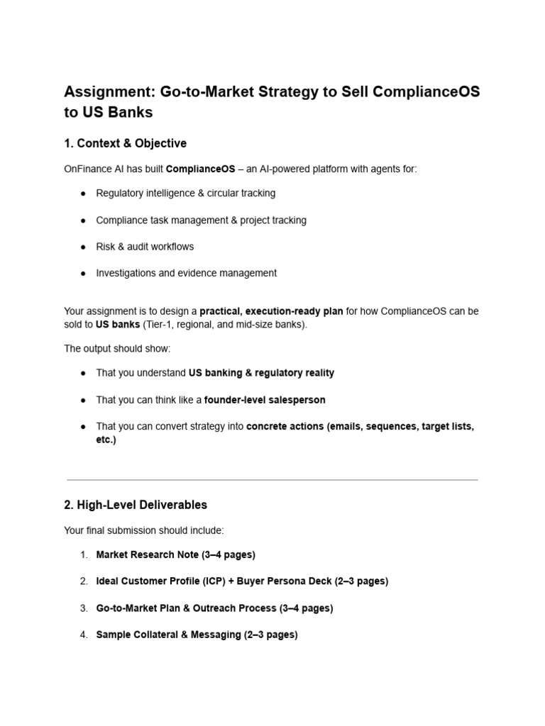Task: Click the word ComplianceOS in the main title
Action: click(x=419, y=91)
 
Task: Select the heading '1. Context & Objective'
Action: click(x=125, y=143)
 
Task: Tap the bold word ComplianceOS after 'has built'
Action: click(x=200, y=169)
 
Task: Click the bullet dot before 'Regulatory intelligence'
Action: click(x=83, y=194)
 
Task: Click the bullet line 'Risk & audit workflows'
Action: click(x=145, y=247)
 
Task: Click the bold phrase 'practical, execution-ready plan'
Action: click(x=271, y=311)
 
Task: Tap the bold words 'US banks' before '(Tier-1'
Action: click(x=118, y=324)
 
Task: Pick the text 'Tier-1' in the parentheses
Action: click(x=160, y=324)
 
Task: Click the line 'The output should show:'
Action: click(x=117, y=349)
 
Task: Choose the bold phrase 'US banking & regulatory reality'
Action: click(x=261, y=373)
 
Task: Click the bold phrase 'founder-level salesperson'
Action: click(x=265, y=400)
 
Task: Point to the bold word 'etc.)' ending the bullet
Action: click(x=106, y=440)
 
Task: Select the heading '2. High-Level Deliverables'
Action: click(x=136, y=505)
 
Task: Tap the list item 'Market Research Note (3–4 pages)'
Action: click(x=175, y=554)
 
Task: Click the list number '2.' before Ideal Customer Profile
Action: click(x=83, y=581)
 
